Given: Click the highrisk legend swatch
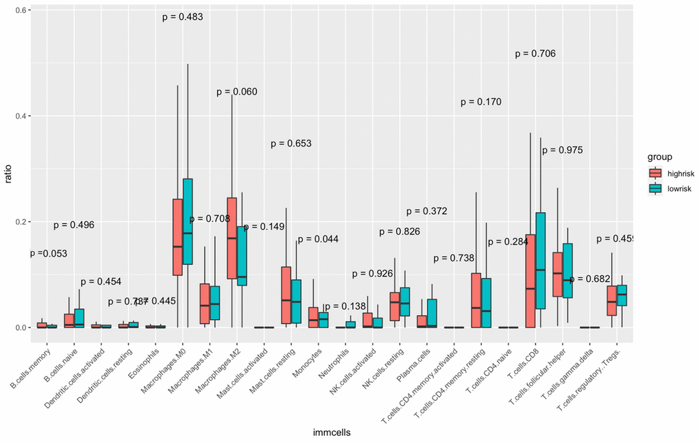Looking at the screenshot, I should pos(656,173).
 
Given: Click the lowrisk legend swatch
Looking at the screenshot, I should pos(656,188).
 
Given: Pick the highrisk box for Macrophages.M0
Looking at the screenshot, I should pos(177,237).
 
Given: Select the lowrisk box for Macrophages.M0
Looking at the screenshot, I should pos(188,221).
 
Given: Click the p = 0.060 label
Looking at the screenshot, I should pos(236,92).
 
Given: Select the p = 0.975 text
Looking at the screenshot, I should pos(562,150).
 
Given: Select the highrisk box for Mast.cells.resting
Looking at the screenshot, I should pos(286,295).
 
